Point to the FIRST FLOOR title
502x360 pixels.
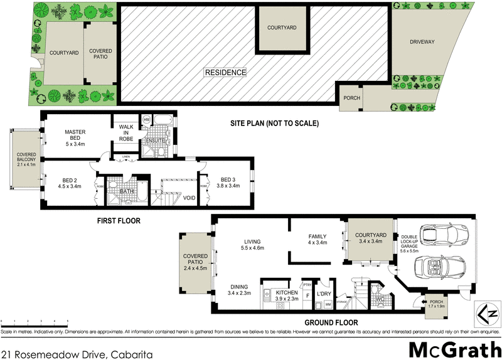(x=118, y=221)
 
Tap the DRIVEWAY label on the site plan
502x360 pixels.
(x=422, y=43)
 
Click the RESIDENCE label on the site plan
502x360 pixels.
(x=225, y=73)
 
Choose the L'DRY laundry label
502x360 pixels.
(x=324, y=294)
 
